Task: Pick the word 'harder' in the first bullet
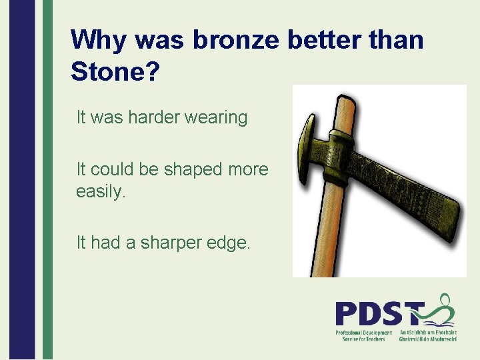(146, 118)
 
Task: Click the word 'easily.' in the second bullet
(101, 193)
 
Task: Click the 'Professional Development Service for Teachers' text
(363, 336)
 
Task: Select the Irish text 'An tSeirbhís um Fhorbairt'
(427, 332)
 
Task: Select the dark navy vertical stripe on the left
(22, 180)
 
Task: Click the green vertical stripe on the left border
(47, 180)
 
